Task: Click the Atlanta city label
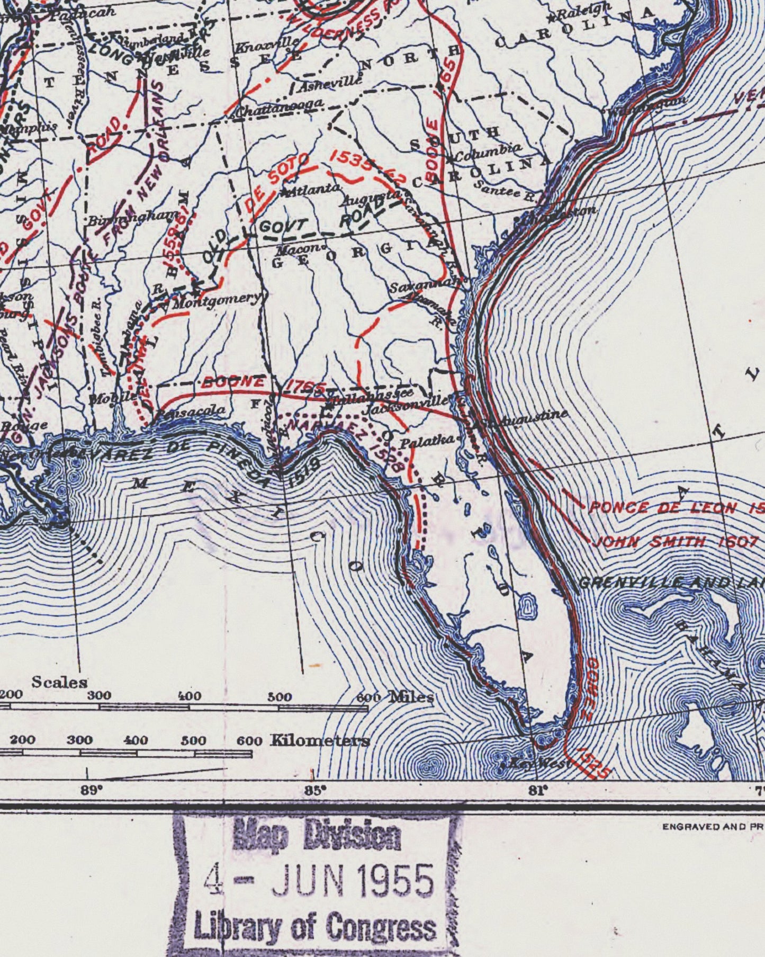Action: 313,189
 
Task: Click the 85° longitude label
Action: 314,791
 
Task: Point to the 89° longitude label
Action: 91,791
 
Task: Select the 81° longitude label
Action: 537,791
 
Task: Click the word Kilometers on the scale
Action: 320,740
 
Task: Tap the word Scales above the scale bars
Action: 59,682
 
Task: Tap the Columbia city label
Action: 487,153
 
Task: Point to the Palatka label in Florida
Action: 427,440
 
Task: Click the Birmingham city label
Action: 132,217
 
